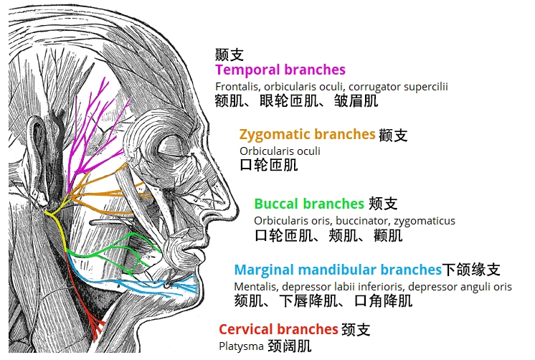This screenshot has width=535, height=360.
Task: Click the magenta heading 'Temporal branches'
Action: pyautogui.click(x=280, y=70)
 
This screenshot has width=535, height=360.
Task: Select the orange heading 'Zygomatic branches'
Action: pyautogui.click(x=307, y=134)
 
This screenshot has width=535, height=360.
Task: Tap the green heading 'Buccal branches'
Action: pyautogui.click(x=309, y=204)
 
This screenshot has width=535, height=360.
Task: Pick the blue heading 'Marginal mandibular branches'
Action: pyautogui.click(x=338, y=270)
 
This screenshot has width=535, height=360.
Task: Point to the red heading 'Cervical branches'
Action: pyautogui.click(x=278, y=330)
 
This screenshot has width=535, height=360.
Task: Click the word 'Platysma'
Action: pyautogui.click(x=241, y=346)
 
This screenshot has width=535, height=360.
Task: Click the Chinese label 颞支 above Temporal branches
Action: pyautogui.click(x=229, y=55)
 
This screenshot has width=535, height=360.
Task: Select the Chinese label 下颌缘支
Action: pyautogui.click(x=471, y=270)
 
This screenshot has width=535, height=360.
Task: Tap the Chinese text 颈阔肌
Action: pyautogui.click(x=289, y=346)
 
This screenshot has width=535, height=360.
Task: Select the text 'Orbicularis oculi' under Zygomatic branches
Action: pyautogui.click(x=280, y=151)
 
